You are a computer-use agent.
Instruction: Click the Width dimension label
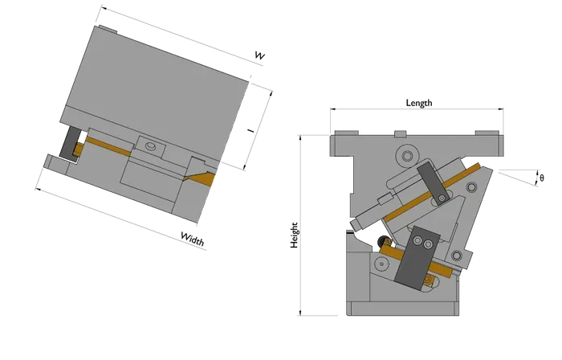[193, 239]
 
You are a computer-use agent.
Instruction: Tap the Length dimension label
[419, 103]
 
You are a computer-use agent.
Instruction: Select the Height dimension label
[295, 235]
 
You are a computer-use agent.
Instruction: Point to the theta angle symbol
[542, 178]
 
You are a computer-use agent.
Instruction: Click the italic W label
[260, 55]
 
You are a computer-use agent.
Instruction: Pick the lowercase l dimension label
[251, 130]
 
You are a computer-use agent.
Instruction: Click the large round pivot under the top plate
[407, 156]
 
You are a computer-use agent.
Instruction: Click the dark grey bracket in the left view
[70, 142]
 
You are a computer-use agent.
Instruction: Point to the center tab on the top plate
[400, 133]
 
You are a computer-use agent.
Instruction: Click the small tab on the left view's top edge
[108, 29]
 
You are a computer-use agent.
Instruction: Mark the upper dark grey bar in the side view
[432, 182]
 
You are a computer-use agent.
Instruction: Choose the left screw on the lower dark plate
[417, 241]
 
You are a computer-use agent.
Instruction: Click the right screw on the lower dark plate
[428, 244]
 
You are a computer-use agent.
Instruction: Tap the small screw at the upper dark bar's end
[442, 198]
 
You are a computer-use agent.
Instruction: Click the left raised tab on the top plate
[346, 133]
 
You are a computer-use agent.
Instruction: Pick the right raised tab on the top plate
[487, 133]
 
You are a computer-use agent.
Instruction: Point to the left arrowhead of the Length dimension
[332, 108]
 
